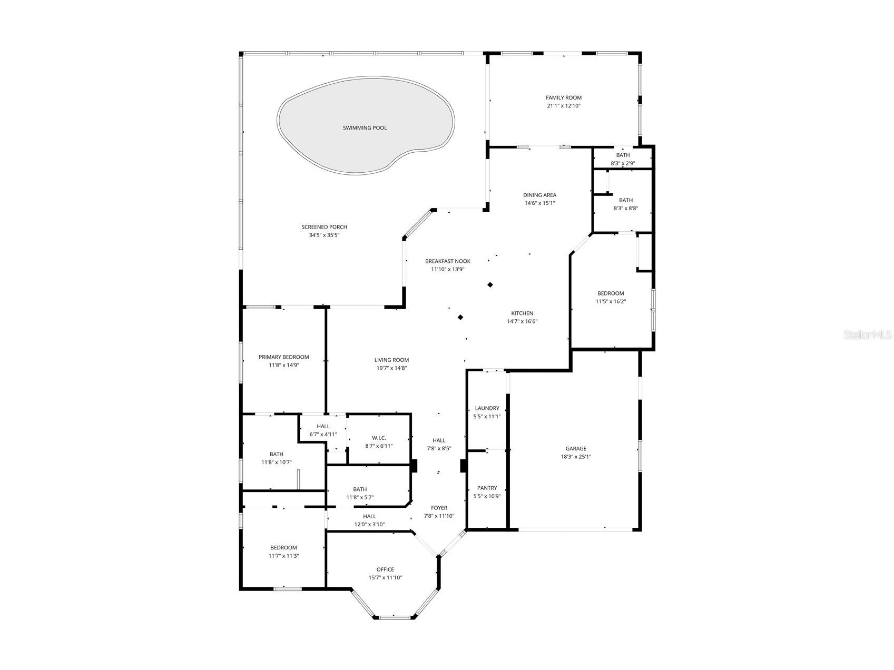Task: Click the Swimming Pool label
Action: click(365, 128)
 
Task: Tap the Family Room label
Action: click(563, 98)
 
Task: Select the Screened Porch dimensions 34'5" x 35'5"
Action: click(324, 235)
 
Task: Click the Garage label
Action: click(576, 449)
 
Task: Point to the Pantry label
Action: click(487, 488)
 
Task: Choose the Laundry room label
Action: click(487, 408)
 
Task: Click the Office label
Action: click(385, 569)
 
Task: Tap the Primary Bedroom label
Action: click(283, 357)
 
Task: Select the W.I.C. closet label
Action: click(379, 438)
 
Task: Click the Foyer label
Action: click(439, 508)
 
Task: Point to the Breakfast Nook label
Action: click(448, 261)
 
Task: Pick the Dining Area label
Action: click(539, 195)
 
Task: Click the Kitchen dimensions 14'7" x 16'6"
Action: click(522, 321)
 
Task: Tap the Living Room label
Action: click(391, 360)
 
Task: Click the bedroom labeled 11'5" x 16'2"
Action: click(611, 298)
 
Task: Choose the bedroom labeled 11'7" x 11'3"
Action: click(284, 551)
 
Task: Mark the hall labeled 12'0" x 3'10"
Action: click(369, 520)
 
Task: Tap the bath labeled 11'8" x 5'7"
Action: click(360, 493)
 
